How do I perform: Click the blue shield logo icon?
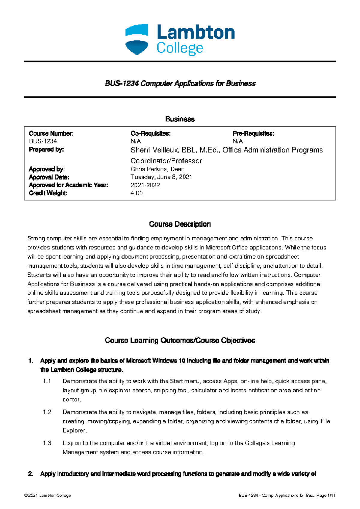point(137,39)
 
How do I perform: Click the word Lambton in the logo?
point(196,32)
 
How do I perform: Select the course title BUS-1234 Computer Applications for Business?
point(180,83)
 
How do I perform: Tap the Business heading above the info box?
point(180,119)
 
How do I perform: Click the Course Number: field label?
point(51,134)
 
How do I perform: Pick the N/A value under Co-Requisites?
point(136,141)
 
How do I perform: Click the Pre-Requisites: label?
point(253,134)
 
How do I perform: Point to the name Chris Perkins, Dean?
point(157,169)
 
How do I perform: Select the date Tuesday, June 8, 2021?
point(161,177)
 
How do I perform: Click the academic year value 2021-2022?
point(145,185)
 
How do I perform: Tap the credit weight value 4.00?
point(136,193)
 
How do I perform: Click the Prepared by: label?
point(46,149)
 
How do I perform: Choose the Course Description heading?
point(180,224)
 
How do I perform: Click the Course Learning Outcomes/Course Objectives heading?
point(180,341)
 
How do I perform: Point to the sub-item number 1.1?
point(47,381)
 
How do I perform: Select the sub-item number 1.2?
point(47,412)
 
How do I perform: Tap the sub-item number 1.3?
point(47,443)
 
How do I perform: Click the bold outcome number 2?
point(31,474)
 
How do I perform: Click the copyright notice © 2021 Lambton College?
point(47,496)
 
